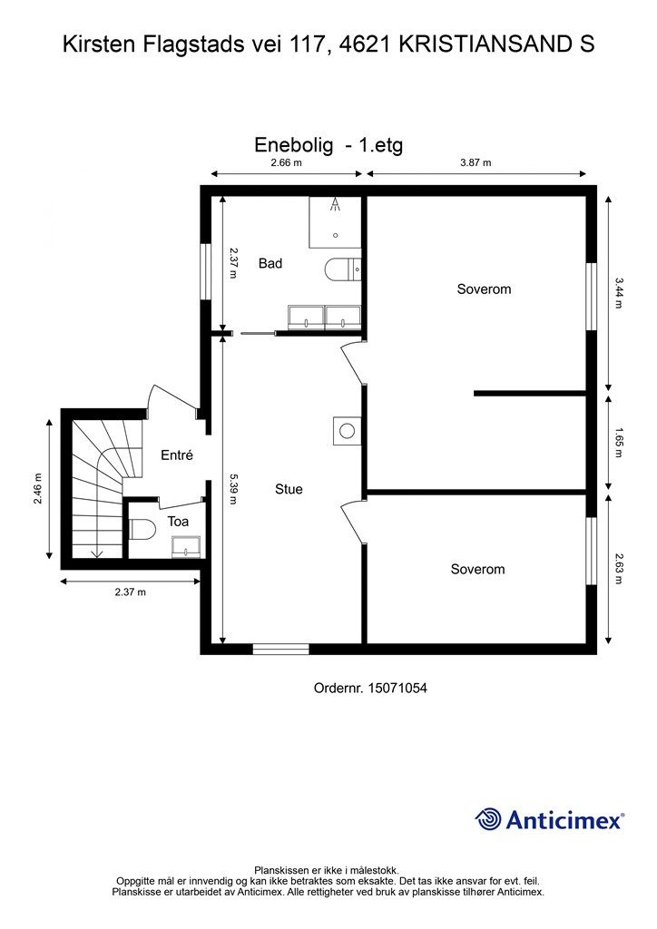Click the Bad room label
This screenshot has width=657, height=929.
[x=270, y=264]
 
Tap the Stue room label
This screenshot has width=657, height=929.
[x=289, y=489]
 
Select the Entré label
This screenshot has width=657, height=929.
[x=177, y=455]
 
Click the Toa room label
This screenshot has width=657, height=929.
[x=178, y=522]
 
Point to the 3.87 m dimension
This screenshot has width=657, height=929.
[x=476, y=162]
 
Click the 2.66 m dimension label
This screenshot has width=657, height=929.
[x=286, y=162]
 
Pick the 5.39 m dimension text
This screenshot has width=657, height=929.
[x=233, y=489]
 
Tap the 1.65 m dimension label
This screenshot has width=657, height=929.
[x=619, y=443]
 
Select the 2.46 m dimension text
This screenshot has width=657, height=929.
[x=38, y=489]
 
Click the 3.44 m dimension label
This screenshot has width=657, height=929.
[x=619, y=293]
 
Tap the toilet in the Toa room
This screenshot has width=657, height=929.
[x=141, y=529]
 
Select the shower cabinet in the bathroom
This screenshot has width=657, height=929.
[x=335, y=222]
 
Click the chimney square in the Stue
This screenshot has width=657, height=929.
[x=348, y=431]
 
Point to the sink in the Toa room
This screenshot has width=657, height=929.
[x=187, y=547]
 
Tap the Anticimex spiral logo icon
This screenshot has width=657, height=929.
[x=488, y=819]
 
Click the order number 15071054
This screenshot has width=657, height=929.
[x=397, y=688]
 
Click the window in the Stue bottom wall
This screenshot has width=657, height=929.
[x=280, y=650]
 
